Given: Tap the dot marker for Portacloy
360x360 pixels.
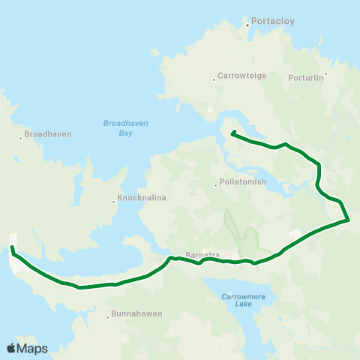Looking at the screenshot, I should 247,25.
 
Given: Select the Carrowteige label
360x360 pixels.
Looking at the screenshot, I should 238,76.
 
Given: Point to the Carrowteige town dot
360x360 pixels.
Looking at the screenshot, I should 213,76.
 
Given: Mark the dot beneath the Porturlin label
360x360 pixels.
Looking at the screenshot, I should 325,73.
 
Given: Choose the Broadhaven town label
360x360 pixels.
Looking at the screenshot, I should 48,134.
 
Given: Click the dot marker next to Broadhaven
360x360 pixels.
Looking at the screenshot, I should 21,137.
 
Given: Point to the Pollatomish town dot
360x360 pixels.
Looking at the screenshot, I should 215,182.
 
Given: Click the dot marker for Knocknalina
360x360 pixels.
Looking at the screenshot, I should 114,201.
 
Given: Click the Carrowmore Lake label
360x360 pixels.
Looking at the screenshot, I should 241,300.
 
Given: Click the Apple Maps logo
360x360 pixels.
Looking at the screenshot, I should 27,348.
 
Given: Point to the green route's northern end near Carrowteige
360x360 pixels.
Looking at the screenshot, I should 232,133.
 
